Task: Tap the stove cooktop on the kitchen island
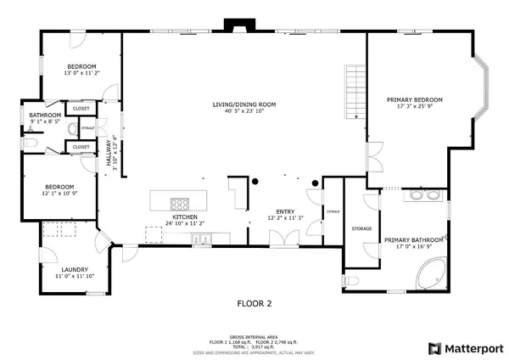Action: (x=181, y=203)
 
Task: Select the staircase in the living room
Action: (x=354, y=92)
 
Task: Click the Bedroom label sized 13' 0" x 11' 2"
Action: (x=81, y=66)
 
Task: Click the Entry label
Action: (x=286, y=212)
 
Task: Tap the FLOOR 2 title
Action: (x=254, y=302)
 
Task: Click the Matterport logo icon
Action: (x=434, y=348)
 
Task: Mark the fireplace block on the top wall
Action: (x=232, y=25)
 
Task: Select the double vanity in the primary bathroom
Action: (x=423, y=195)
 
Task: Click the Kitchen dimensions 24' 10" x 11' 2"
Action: (x=185, y=224)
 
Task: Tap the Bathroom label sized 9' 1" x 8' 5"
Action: (x=45, y=115)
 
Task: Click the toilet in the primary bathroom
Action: (x=355, y=280)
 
